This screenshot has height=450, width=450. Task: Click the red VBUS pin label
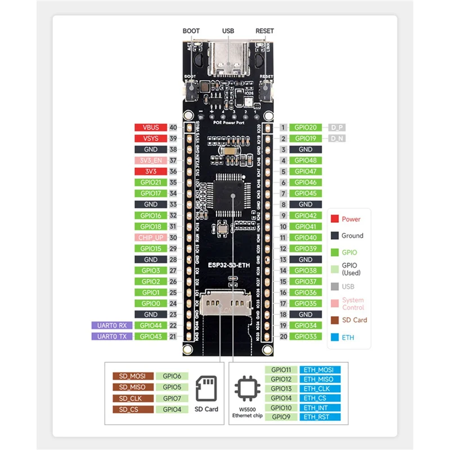[x=150, y=128]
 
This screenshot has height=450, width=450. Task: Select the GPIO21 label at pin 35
[x=150, y=182]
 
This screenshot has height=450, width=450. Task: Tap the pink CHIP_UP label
[x=150, y=237]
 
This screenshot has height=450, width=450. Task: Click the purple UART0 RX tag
[x=112, y=325]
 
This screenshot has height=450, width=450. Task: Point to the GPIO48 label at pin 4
[x=305, y=160]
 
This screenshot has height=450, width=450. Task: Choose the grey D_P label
[x=337, y=128]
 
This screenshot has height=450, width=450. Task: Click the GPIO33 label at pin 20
[x=305, y=336]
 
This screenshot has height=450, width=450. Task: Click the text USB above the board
[x=228, y=31]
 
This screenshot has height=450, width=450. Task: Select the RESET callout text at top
[x=264, y=31]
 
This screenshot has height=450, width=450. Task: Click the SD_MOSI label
[x=132, y=376]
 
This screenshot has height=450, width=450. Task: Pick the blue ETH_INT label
[x=319, y=408]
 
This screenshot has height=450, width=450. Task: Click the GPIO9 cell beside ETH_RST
[x=281, y=417]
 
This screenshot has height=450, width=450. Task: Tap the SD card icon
[x=206, y=388]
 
